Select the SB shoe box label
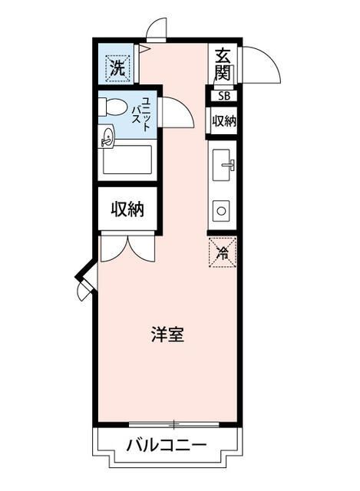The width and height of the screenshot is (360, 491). pos(223,97)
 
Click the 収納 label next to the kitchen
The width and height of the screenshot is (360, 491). pos(223,121)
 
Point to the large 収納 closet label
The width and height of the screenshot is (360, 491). pos(127,208)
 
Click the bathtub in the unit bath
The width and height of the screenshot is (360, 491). pos(128,163)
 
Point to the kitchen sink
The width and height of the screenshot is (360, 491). pos(224,164)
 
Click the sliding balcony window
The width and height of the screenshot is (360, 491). pos(174,423)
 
